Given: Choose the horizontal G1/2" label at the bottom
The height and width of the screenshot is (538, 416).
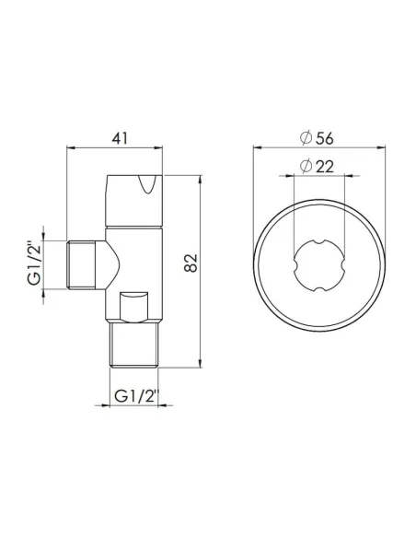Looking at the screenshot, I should coord(133,398).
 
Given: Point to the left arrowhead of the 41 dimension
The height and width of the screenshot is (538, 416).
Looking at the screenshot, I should coord(72,146).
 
